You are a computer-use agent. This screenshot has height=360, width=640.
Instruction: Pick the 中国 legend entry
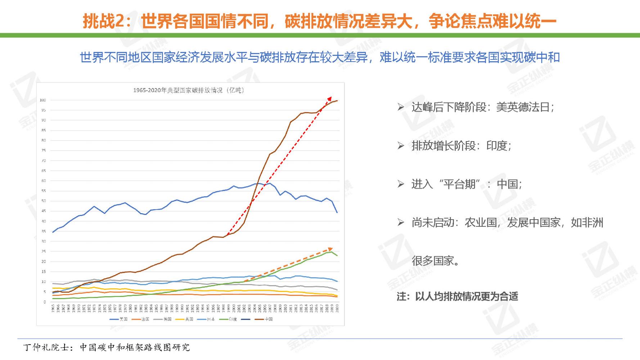(264, 319)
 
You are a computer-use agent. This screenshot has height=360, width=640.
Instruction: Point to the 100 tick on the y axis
(43, 100)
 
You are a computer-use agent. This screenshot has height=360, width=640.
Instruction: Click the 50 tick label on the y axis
(44, 201)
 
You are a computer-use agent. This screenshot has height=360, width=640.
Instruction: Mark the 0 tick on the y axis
(45, 302)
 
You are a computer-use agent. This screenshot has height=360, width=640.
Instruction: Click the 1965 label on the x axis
(53, 308)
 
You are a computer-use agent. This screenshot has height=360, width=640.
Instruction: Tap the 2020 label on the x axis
(337, 308)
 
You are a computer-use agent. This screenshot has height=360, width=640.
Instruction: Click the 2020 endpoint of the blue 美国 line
(337, 212)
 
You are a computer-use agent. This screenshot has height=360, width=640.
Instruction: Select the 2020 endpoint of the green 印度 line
(337, 256)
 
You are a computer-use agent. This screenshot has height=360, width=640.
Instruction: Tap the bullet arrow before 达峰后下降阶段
(401, 107)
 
